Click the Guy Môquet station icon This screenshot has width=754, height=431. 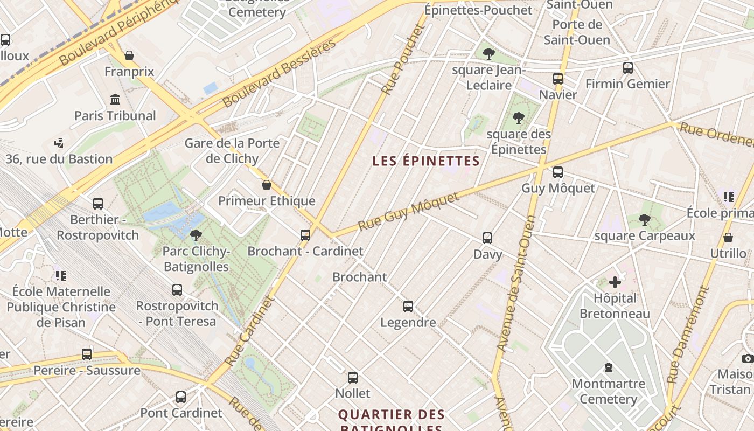pos(558,172)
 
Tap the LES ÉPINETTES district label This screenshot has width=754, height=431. pos(425,161)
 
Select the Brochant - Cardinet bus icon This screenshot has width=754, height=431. pos(305,235)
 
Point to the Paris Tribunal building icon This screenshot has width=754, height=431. pos(115,100)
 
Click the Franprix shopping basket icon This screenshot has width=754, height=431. pos(129,55)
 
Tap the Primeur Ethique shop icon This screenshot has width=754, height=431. pos(266,185)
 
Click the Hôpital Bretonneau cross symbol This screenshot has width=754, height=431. pos(615,282)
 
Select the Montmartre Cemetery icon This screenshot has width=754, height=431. pos(609,368)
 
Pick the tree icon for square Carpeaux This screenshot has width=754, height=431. pos(644,220)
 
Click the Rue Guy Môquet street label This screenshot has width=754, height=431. pos(409,211)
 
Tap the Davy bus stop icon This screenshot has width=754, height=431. pos(487,238)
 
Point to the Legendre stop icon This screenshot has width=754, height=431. pos(408,307)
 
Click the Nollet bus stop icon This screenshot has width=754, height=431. pos(353,378)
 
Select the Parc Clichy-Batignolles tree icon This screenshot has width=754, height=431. pos(196,235)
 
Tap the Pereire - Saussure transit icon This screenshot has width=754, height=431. pos(87,354)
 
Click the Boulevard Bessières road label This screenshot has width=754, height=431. pos(279,73)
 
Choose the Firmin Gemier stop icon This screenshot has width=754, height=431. pos(628,68)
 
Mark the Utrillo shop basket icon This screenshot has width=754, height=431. pos(728,238)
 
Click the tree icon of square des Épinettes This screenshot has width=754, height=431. pos(519,118)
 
